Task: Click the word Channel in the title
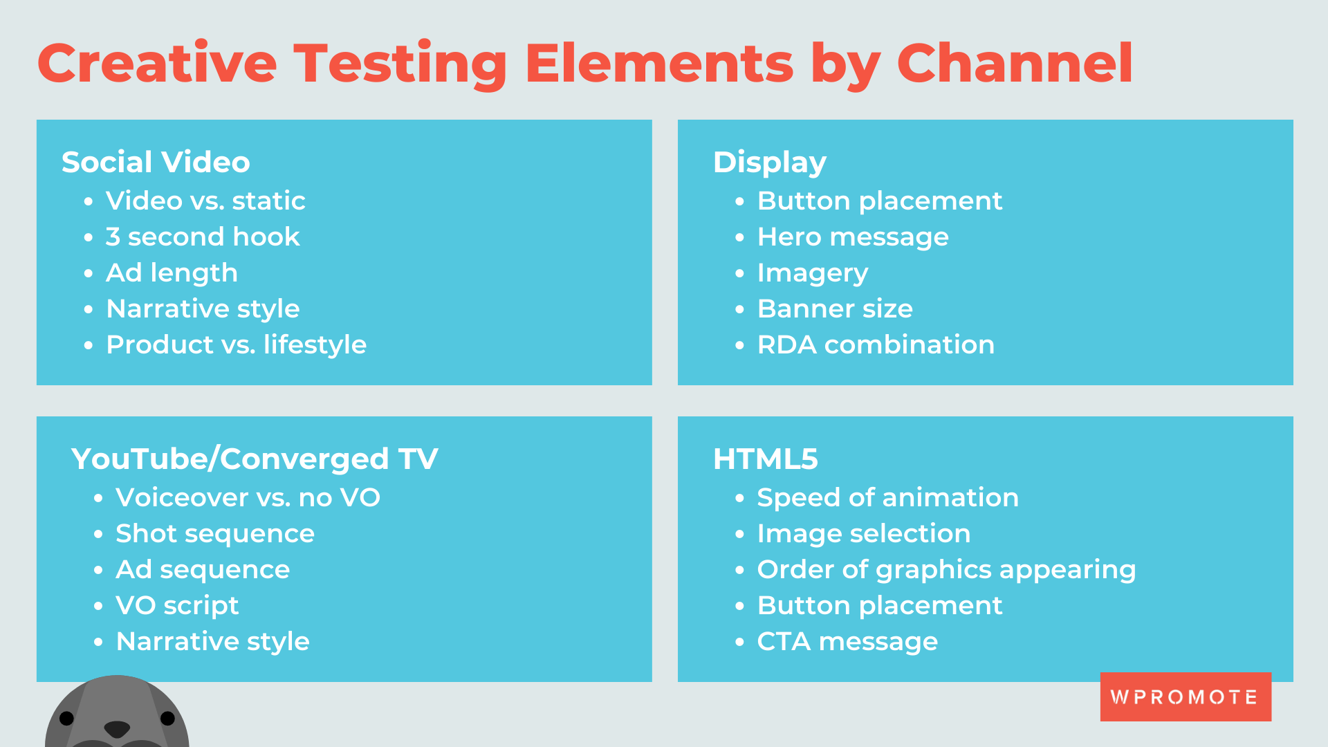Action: click(1014, 64)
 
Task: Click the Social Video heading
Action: click(156, 163)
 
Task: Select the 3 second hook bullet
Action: click(202, 237)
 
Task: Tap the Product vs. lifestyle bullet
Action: click(236, 345)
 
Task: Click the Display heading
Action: click(769, 163)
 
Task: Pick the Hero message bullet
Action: click(852, 237)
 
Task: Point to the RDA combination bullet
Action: click(875, 345)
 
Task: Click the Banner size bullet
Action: click(834, 309)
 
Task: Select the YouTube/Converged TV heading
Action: click(255, 459)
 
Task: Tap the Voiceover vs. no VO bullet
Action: click(248, 498)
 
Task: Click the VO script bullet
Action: click(177, 606)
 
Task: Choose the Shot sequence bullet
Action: click(214, 534)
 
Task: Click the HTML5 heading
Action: click(765, 459)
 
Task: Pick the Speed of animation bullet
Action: click(887, 498)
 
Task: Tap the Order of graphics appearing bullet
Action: click(946, 570)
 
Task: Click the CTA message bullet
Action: click(847, 642)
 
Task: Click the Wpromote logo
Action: click(1185, 697)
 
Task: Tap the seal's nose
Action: click(116, 728)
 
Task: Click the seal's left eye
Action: click(66, 719)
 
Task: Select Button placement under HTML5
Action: click(879, 606)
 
